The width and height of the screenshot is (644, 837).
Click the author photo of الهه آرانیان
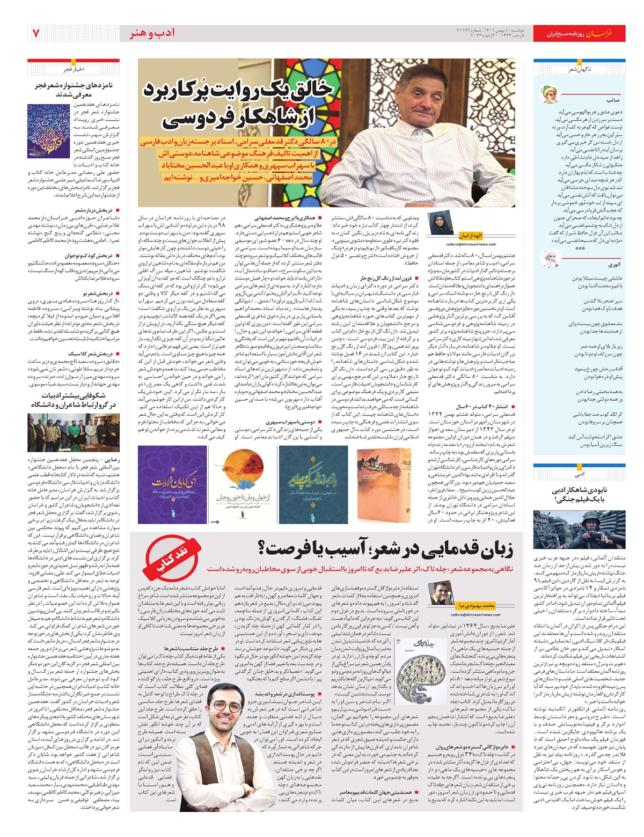tap(436, 223)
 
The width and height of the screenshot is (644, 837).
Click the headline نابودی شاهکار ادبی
tap(579, 495)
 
